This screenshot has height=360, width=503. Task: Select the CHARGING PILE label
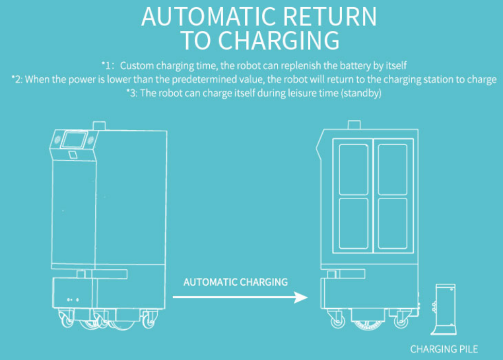444,349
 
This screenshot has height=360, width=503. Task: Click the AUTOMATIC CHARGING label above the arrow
236,282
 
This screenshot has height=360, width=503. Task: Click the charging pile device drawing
446,308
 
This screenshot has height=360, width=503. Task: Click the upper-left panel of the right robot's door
354,169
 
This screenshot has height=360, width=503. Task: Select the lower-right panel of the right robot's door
393,223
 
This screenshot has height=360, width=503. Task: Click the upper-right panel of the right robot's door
393,169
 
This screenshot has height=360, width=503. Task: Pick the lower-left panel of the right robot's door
354,223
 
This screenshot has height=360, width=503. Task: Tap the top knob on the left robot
99,125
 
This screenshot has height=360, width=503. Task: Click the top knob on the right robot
354,125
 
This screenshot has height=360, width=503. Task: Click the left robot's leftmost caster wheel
67,320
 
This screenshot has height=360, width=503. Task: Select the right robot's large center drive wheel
368,319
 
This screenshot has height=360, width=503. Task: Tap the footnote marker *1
106,66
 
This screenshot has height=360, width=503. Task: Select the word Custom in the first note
135,66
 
